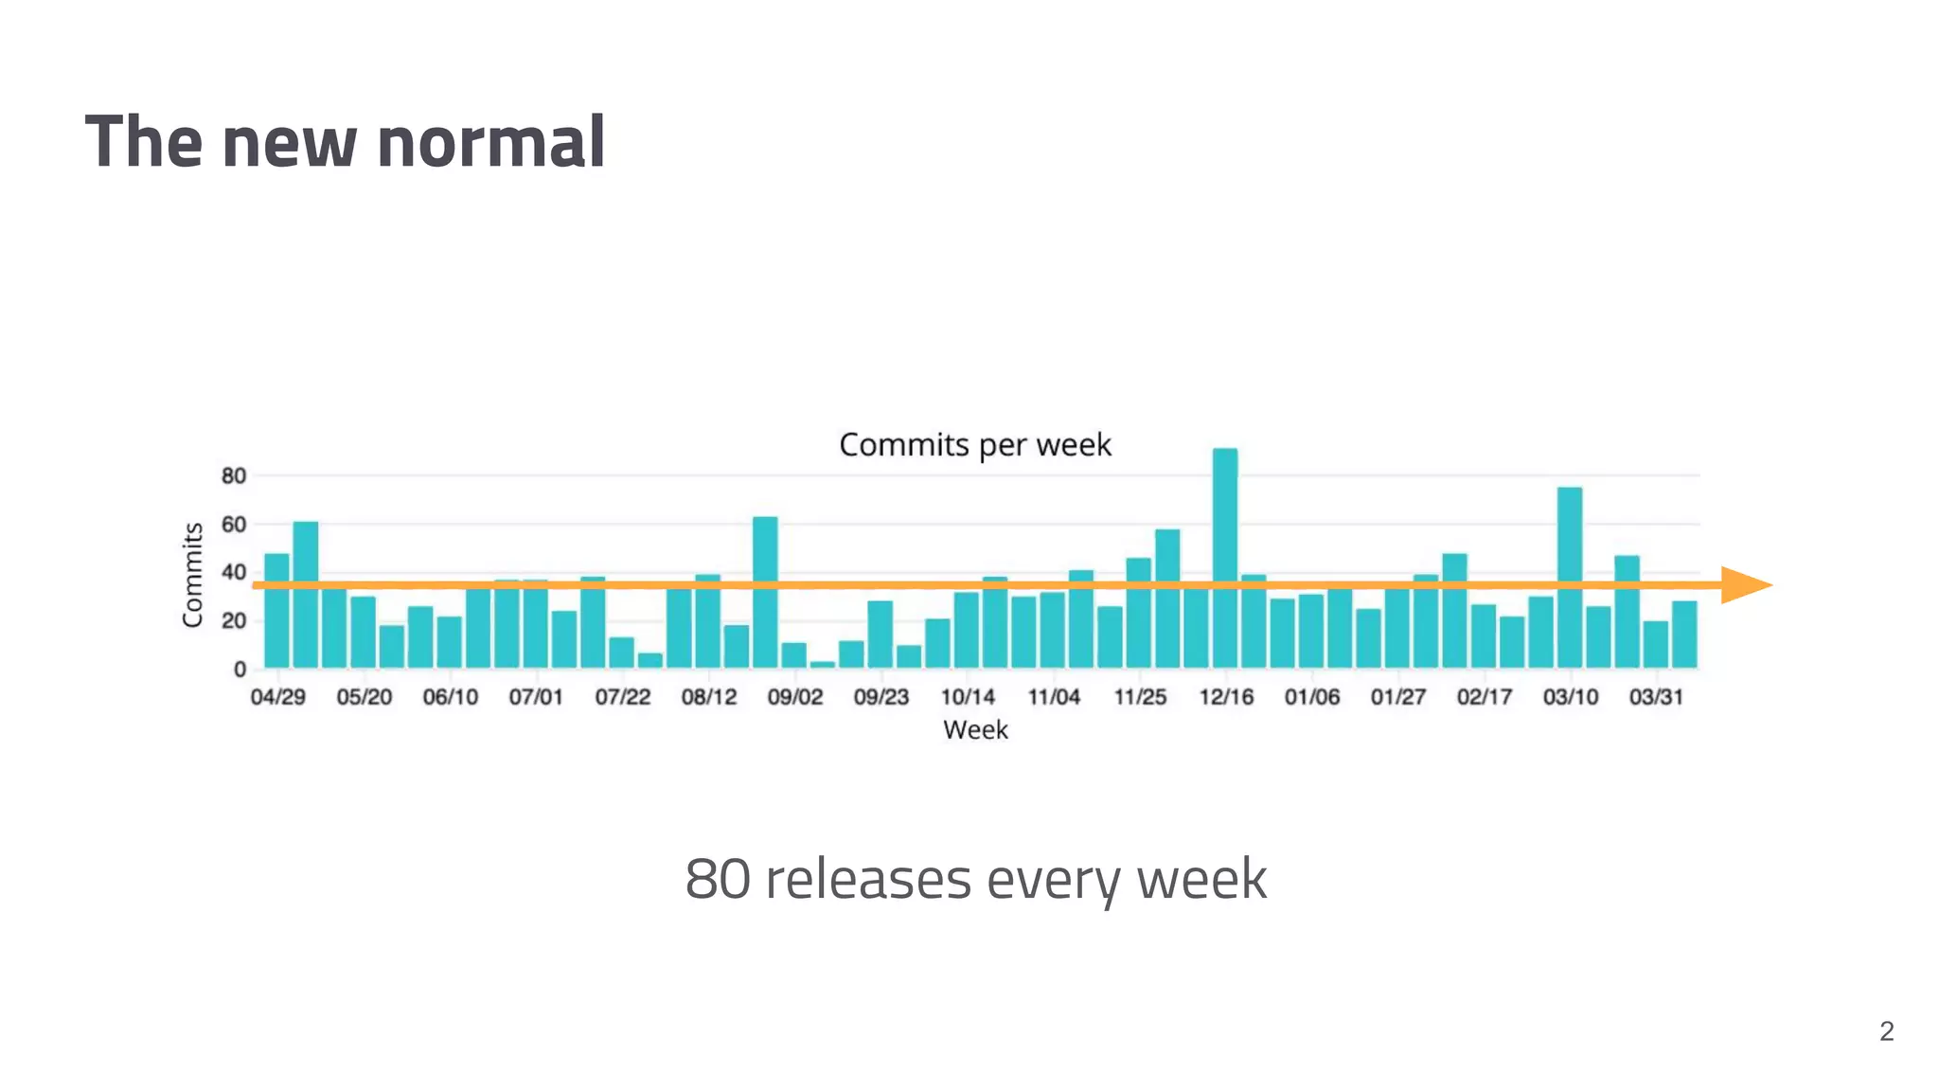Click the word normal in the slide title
click(490, 142)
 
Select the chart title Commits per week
click(974, 444)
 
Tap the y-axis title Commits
click(192, 574)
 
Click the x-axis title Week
click(975, 730)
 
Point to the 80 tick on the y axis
click(233, 475)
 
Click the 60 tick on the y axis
click(233, 524)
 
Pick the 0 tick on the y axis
click(240, 670)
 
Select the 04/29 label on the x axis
click(277, 697)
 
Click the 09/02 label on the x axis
click(794, 697)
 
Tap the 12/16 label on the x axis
click(1225, 697)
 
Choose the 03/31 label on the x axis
click(1656, 697)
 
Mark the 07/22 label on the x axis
click(622, 697)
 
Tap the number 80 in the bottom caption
click(717, 879)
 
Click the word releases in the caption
click(867, 879)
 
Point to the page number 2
click(1886, 1030)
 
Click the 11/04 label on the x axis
click(1053, 697)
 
